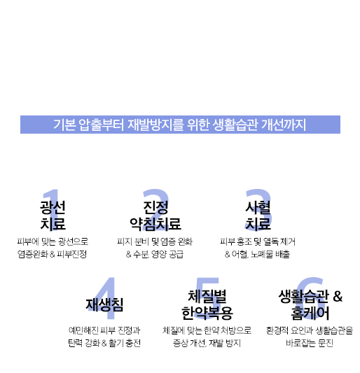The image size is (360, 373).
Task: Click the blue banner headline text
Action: coord(180,125)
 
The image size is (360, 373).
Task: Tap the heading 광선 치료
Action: coord(53,216)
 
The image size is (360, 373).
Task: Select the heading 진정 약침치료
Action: coord(155,216)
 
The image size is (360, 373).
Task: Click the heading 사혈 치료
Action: coord(258,216)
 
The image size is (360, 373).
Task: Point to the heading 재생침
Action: coord(104,304)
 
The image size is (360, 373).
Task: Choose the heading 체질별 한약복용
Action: coord(207,304)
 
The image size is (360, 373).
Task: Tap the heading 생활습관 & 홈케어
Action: coord(310,304)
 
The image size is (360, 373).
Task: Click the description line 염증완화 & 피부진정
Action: coord(52,254)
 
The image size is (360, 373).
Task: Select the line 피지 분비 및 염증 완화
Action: coord(155,241)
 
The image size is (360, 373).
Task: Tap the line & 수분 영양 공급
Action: coord(155,254)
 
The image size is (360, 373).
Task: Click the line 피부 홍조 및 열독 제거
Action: coord(258,241)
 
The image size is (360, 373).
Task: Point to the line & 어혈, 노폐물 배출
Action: coord(257,254)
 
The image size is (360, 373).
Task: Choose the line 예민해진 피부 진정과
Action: coord(104,330)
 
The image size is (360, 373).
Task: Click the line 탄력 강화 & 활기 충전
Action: coord(104,343)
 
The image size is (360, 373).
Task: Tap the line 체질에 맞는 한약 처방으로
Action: coord(207,330)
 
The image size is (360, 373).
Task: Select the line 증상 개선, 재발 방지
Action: coord(207,343)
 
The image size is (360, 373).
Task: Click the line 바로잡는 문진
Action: coord(310,343)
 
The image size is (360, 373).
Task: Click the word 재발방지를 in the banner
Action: coord(155,125)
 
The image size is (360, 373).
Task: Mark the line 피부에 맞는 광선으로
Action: coord(53,241)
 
